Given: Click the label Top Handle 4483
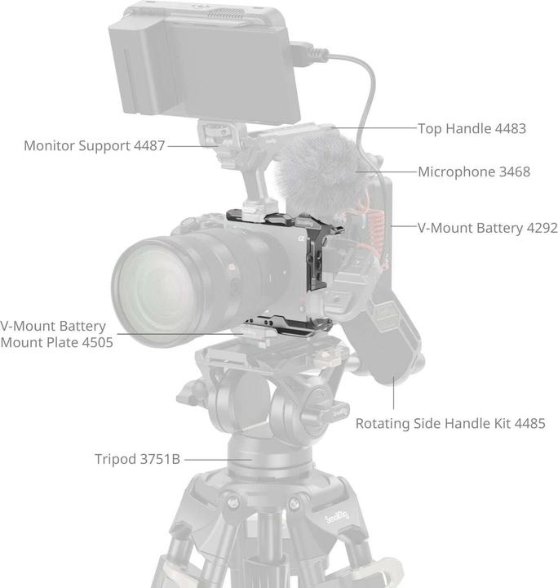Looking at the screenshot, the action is coord(472,128).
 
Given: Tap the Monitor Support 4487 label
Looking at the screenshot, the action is coord(95,145).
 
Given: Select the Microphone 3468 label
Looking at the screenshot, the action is coord(474,171).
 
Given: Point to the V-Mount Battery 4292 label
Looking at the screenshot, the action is coord(488,228).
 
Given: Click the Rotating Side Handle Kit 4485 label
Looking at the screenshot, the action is coord(450,423).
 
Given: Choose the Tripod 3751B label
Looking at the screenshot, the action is coord(137,459).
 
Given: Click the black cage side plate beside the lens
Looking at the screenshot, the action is coord(316,262).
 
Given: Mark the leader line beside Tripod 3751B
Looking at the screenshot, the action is coord(217,459).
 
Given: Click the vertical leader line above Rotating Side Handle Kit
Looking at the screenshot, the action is coord(393,393).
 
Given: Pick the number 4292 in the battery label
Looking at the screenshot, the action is coord(542,228).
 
